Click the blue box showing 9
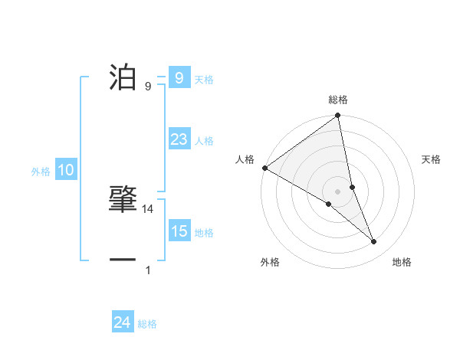(179, 78)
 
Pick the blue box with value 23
(179, 139)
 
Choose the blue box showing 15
(179, 231)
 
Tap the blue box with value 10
(66, 171)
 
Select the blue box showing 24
(122, 323)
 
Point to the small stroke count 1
(148, 270)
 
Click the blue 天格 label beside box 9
(204, 80)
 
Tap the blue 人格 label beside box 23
(204, 141)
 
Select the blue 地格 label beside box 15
(204, 233)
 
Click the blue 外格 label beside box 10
(41, 172)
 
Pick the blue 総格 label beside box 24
(147, 325)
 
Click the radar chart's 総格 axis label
(338, 100)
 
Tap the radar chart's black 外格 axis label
(270, 262)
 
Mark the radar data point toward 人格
(264, 168)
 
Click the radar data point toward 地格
(374, 242)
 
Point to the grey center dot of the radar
(337, 191)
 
